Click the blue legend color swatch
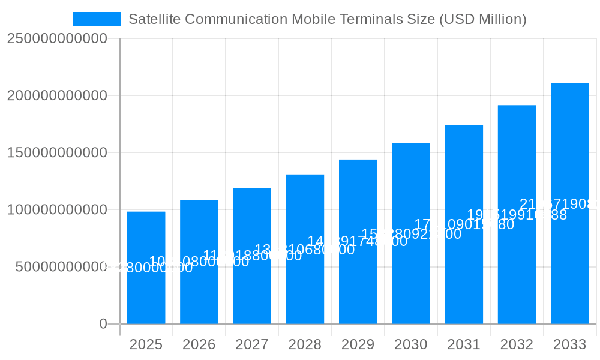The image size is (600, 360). click(x=97, y=19)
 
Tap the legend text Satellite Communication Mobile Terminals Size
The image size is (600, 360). click(x=327, y=19)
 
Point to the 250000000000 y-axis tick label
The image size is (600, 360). click(x=57, y=38)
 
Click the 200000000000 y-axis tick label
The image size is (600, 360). click(x=57, y=95)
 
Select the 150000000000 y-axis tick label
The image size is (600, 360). click(x=57, y=152)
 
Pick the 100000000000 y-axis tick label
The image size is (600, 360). click(x=57, y=210)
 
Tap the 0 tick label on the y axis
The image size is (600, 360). click(x=103, y=324)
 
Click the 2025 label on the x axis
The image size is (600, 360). click(x=146, y=344)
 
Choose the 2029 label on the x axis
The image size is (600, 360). click(x=358, y=344)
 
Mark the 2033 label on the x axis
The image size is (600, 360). click(x=569, y=344)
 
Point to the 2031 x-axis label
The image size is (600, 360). click(x=464, y=344)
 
